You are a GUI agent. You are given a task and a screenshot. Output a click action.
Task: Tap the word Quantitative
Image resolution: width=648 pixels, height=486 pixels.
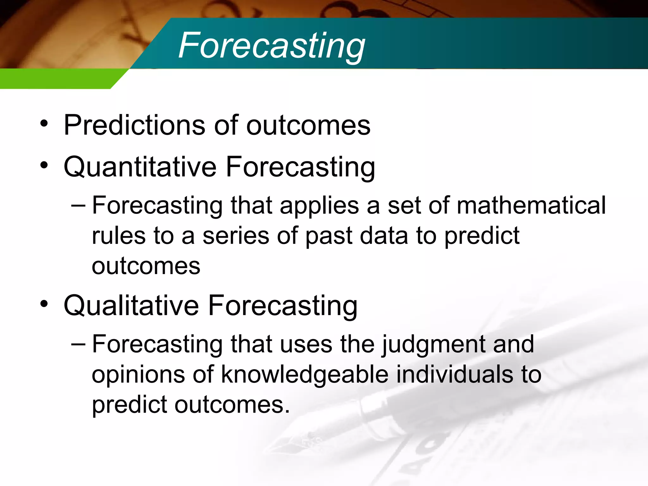pyautogui.click(x=140, y=167)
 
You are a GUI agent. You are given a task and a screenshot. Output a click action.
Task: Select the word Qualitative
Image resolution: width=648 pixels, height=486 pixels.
pyautogui.click(x=131, y=306)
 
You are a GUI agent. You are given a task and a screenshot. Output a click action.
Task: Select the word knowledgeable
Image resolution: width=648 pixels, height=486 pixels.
pyautogui.click(x=304, y=375)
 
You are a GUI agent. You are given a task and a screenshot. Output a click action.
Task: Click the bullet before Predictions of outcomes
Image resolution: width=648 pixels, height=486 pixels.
pyautogui.click(x=44, y=124)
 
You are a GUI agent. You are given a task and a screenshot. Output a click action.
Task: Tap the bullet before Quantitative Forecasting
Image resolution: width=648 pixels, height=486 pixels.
pyautogui.click(x=44, y=165)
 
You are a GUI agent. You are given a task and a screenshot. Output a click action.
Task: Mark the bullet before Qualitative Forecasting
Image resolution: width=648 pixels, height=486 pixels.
pyautogui.click(x=44, y=304)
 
